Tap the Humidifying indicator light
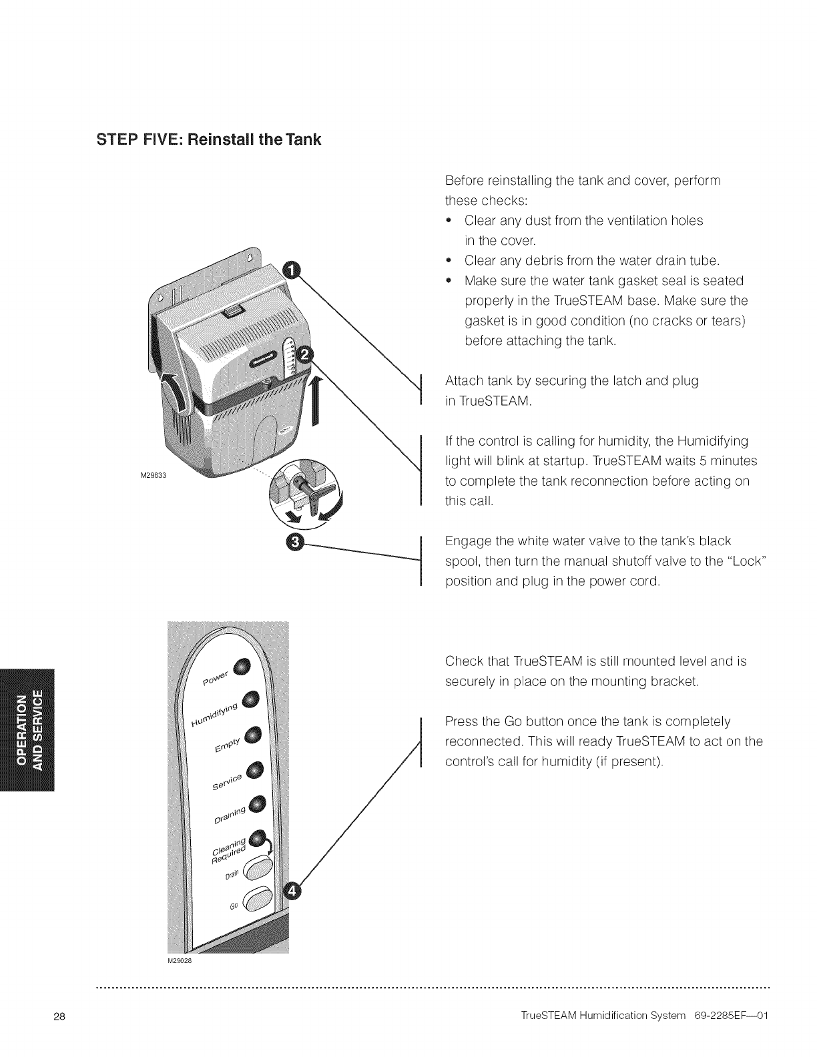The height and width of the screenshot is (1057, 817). (250, 699)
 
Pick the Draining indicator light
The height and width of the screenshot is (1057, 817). (257, 803)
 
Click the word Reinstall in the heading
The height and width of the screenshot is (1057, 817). (220, 139)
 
